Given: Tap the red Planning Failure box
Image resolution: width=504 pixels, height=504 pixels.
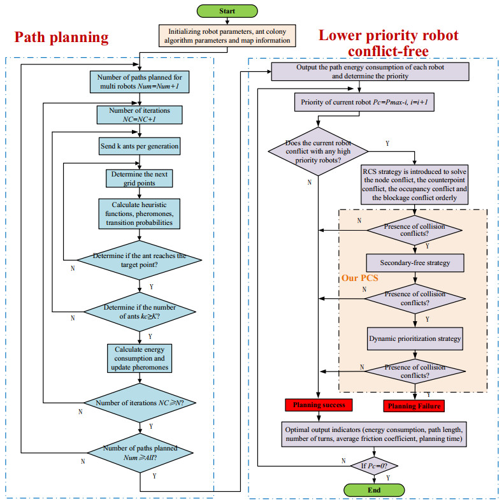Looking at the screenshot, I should [414, 405].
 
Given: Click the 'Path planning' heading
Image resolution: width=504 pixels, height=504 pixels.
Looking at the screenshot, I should [62, 38].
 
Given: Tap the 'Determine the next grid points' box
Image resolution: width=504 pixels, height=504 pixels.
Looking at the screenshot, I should [138, 177].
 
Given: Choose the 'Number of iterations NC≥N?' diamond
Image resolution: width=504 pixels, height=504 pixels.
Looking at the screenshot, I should [138, 403].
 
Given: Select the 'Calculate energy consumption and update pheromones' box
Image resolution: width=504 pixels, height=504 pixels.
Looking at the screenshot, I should [138, 357].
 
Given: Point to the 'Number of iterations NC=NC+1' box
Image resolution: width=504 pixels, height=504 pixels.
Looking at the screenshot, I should [138, 114].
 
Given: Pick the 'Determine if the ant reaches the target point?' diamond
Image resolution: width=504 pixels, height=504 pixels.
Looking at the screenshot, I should [138, 259].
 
